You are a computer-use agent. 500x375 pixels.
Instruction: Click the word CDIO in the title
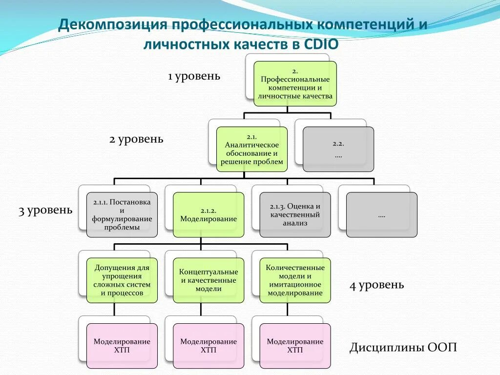point(321,44)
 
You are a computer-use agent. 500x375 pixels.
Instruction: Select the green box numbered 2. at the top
point(295,83)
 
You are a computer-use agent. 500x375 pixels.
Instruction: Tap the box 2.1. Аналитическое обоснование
point(251,149)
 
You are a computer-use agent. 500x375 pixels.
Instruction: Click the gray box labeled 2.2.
point(338,149)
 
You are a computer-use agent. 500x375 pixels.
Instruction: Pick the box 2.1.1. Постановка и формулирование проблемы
point(122,214)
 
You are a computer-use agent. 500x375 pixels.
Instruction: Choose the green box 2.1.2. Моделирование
point(208,214)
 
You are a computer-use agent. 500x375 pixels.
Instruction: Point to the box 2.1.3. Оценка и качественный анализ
point(295,214)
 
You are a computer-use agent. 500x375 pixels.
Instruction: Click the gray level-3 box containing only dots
point(381,214)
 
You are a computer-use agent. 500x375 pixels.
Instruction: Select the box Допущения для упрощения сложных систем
point(122,280)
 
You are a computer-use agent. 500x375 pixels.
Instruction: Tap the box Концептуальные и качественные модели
point(208,280)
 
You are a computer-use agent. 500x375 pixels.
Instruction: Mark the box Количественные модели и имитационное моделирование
point(295,280)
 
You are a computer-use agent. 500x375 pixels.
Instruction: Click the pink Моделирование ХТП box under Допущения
point(122,346)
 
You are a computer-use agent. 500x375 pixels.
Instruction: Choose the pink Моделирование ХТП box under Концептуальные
point(208,346)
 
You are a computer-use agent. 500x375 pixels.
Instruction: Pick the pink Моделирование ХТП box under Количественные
point(295,346)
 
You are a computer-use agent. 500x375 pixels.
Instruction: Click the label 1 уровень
point(194,77)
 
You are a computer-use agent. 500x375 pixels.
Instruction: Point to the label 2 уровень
point(136,140)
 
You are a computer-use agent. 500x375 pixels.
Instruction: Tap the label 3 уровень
point(45,211)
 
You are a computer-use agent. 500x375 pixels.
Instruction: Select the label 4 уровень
point(376,285)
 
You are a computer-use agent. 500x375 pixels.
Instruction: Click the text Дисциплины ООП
point(403,348)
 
